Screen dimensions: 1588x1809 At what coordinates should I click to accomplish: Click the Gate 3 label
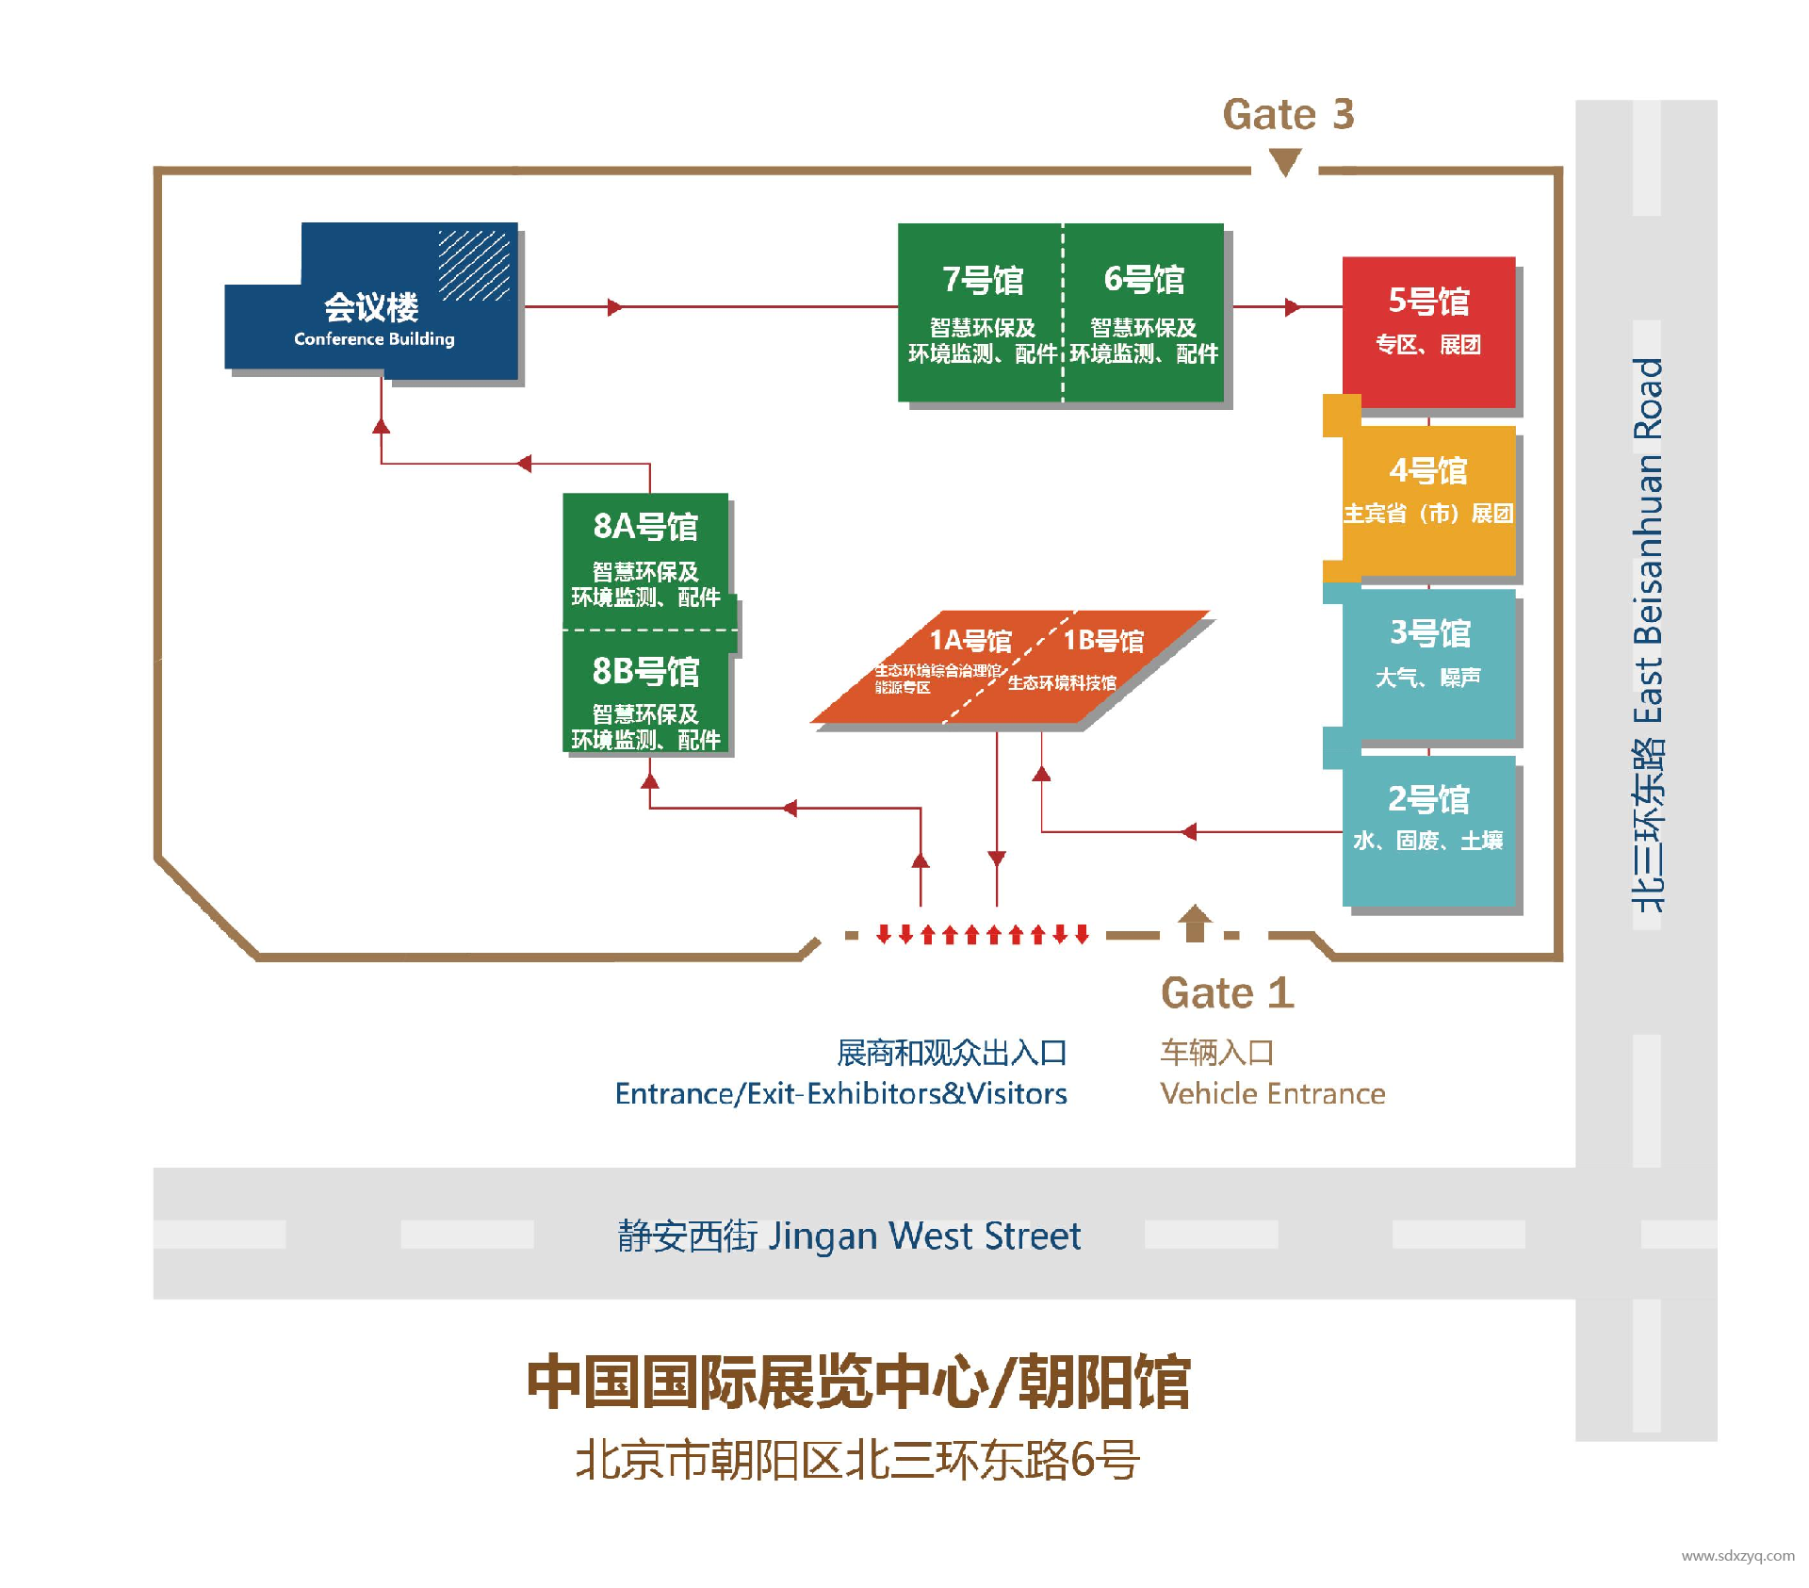tap(1287, 115)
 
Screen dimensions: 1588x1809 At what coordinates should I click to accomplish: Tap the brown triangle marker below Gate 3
tap(1285, 162)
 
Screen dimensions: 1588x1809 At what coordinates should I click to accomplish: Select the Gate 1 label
tap(1227, 993)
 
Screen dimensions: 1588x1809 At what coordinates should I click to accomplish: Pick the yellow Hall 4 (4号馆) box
tap(1428, 499)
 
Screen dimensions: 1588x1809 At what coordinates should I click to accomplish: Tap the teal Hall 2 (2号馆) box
tap(1428, 829)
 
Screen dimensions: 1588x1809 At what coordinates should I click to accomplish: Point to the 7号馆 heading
tap(983, 280)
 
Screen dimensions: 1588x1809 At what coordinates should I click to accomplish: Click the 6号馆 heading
tap(1144, 280)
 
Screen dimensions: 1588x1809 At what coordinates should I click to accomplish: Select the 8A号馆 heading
tap(645, 526)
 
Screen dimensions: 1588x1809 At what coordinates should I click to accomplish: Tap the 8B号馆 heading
tap(645, 671)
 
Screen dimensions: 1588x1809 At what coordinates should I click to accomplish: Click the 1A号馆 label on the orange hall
tap(970, 641)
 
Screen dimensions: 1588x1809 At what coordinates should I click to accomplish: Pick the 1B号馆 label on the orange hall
tap(1102, 641)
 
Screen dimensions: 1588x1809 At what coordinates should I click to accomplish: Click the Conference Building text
tap(374, 339)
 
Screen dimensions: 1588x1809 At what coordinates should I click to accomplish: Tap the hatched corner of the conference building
tap(474, 265)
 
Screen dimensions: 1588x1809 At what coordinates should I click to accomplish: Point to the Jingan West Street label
tap(849, 1236)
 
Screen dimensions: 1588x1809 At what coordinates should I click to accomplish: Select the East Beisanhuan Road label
tap(1648, 633)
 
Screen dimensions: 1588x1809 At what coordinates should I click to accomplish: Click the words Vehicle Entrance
tap(1272, 1093)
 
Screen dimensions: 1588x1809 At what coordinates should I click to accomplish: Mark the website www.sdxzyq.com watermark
tap(1737, 1556)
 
